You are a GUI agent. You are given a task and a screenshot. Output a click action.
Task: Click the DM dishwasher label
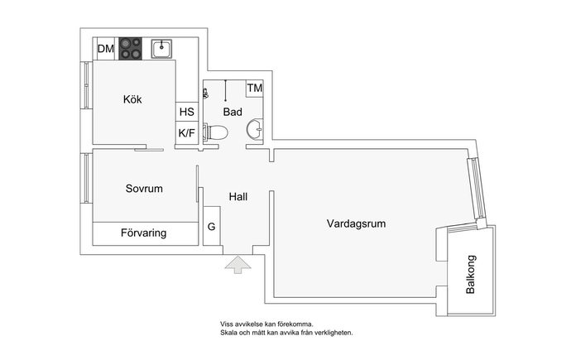[x=106, y=49]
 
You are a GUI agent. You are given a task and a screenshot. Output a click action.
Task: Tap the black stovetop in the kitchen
[x=131, y=49]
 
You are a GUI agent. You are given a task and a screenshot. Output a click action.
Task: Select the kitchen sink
[x=161, y=49]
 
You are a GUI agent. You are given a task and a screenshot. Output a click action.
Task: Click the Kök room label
[x=132, y=99]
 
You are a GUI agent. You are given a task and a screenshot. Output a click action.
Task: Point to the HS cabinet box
[x=187, y=112]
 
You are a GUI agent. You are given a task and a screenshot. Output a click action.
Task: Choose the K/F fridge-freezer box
[x=187, y=133]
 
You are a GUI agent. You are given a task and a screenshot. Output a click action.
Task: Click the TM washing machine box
[x=255, y=88]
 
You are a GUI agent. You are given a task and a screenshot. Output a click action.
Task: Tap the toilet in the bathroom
[x=216, y=132]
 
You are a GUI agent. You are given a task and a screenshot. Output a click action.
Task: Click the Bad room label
[x=233, y=112]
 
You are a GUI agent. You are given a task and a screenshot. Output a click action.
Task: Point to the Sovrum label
[x=144, y=189]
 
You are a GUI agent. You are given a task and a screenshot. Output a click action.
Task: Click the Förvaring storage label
[x=143, y=233]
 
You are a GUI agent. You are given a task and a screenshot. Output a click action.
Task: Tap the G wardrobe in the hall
[x=212, y=226]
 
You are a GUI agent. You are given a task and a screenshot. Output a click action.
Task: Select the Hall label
[x=238, y=197]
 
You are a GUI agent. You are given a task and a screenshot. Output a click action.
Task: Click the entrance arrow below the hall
[x=238, y=265]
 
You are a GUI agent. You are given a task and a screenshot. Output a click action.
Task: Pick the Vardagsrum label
[x=356, y=223]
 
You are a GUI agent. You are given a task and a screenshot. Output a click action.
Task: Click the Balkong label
[x=471, y=275]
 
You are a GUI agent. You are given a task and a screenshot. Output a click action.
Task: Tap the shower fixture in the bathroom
[x=206, y=94]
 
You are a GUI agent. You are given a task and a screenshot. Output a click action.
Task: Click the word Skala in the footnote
[x=228, y=333]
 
